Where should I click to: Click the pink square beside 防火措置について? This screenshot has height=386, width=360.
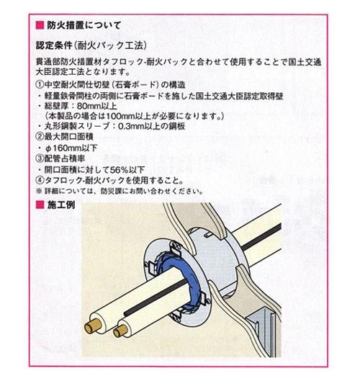[x=40, y=25]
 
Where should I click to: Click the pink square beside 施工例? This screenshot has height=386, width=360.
[x=40, y=205]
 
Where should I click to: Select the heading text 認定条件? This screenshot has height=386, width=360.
[x=54, y=45]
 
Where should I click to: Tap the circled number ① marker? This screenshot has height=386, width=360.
[x=40, y=85]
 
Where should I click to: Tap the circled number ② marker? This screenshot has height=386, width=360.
[x=40, y=137]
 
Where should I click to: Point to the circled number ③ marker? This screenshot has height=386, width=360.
[x=40, y=158]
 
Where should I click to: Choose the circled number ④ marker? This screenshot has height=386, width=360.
[x=40, y=181]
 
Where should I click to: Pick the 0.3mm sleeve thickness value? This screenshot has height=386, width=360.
[x=131, y=126]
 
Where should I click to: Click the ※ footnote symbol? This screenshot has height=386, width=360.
[x=39, y=191]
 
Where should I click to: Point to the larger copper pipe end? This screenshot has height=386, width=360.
[x=93, y=327]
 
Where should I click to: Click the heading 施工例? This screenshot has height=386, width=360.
[x=61, y=205]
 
